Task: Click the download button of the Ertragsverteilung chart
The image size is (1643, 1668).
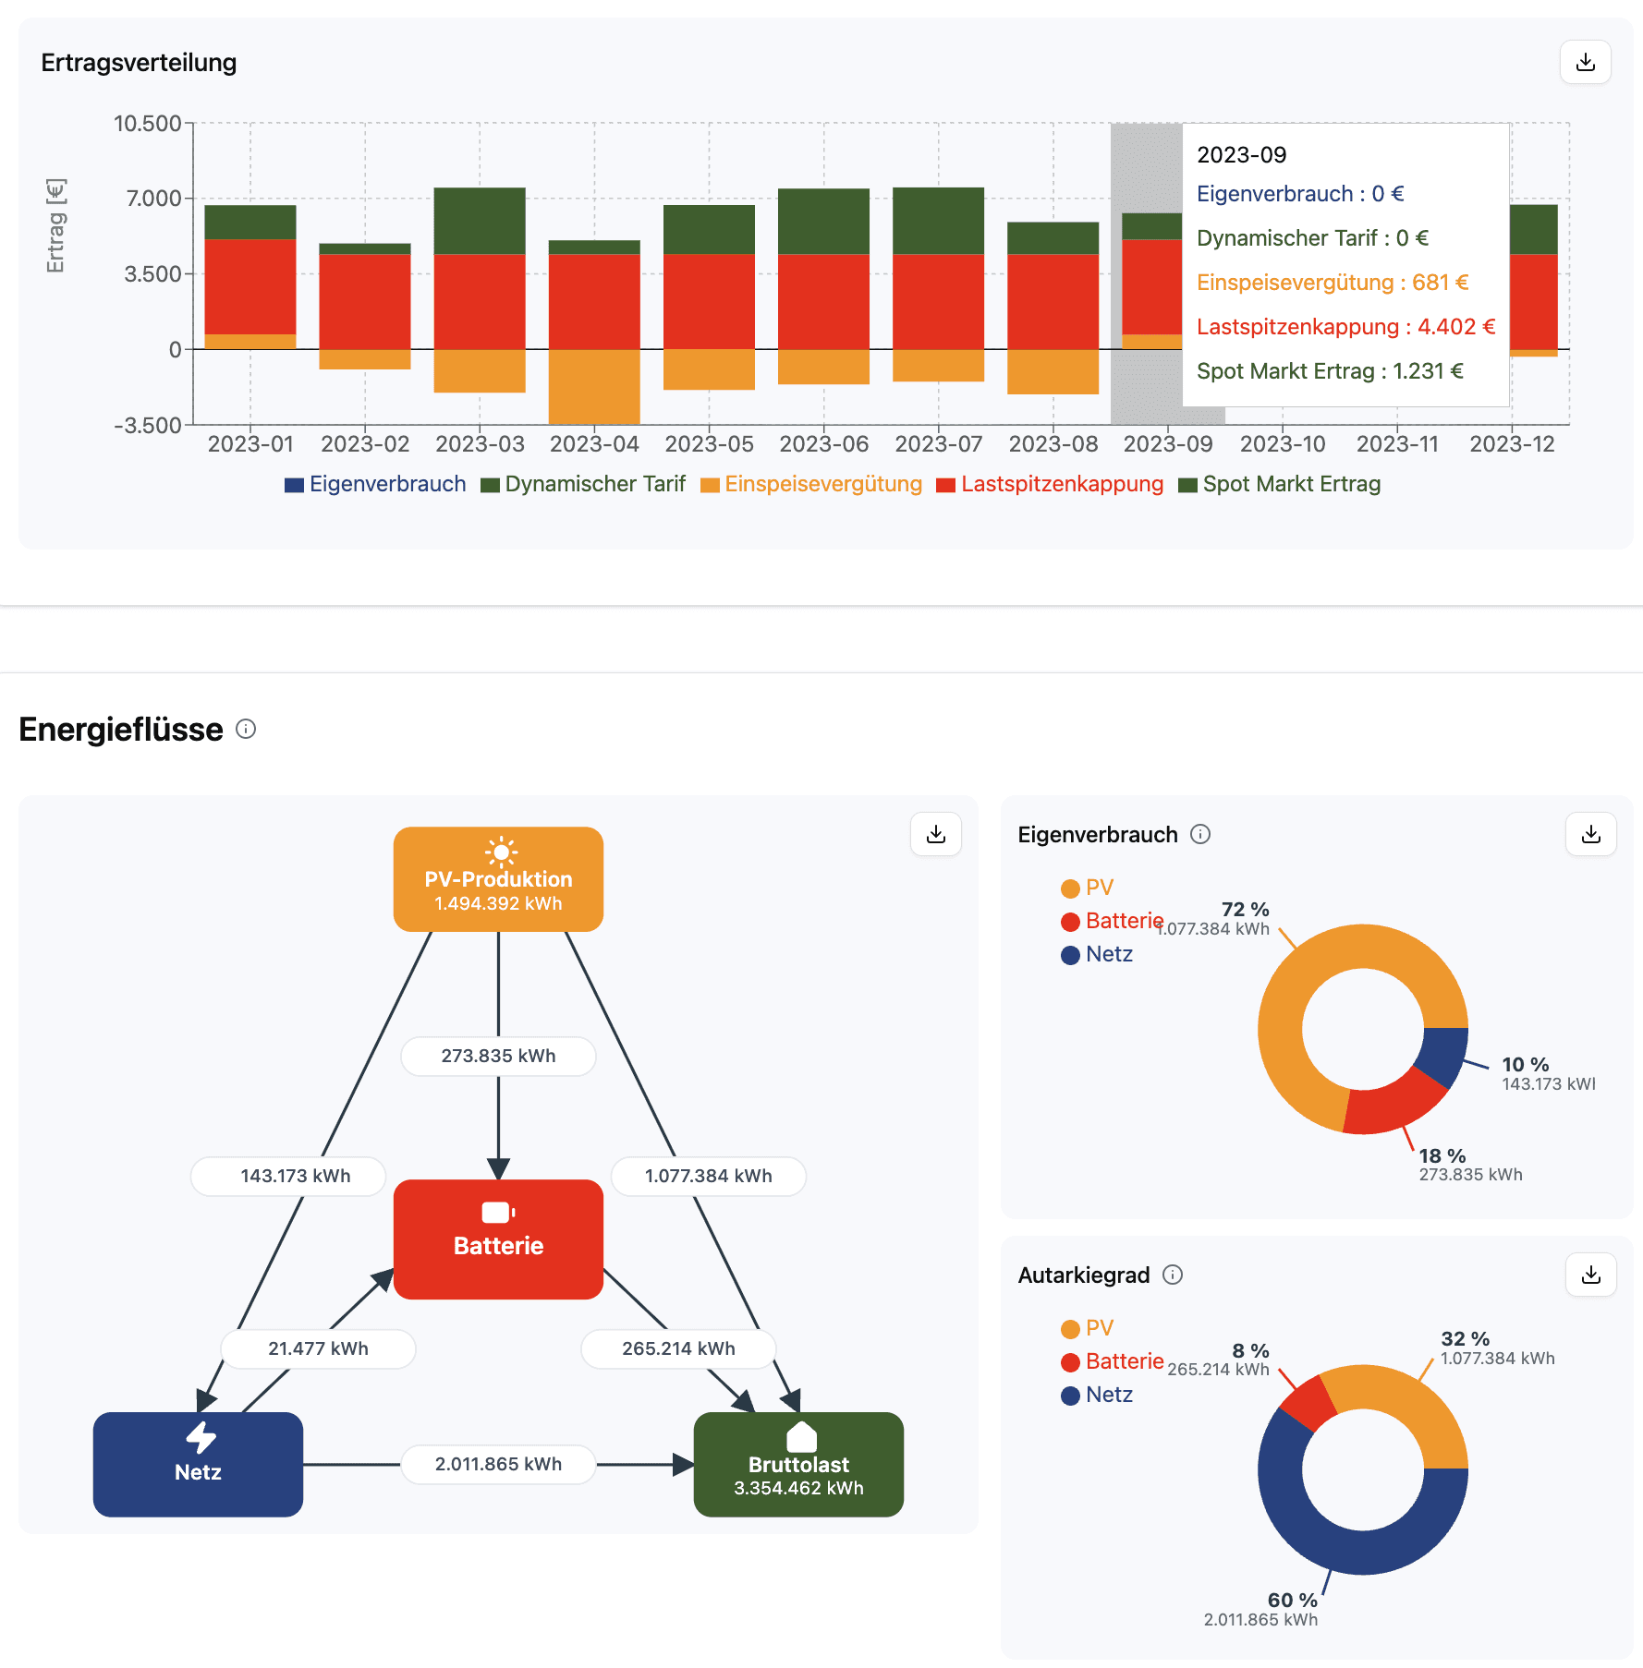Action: pos(1585,62)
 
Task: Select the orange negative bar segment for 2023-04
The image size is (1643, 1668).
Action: pos(594,386)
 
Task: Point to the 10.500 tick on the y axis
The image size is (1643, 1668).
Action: pos(148,124)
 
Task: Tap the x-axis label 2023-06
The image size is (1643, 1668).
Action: pos(823,444)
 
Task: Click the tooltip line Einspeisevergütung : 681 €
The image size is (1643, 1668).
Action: pos(1332,283)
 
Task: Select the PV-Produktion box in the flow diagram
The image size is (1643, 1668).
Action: pos(498,878)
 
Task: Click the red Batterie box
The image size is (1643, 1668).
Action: pos(498,1239)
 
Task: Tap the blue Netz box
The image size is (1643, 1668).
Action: pos(198,1463)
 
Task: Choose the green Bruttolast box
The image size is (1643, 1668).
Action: pos(798,1463)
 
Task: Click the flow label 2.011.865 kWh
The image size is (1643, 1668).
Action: pos(498,1464)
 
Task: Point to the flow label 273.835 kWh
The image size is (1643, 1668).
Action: pos(498,1056)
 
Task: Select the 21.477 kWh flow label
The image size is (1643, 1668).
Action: pos(318,1348)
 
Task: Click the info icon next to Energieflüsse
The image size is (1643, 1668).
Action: pos(246,729)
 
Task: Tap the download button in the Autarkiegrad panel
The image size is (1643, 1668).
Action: pos(1590,1275)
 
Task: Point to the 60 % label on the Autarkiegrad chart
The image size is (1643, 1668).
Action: pos(1292,1600)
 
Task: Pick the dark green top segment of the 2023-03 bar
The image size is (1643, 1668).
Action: pos(480,220)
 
